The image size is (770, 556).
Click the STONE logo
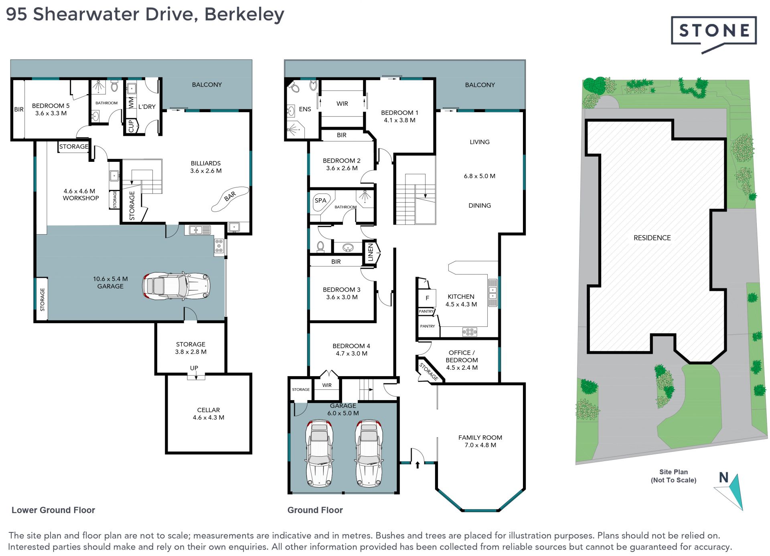(x=713, y=34)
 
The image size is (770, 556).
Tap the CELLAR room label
(x=209, y=410)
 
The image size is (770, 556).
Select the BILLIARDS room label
(x=206, y=163)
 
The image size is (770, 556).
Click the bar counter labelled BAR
(x=230, y=198)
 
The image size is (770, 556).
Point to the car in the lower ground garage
(x=176, y=286)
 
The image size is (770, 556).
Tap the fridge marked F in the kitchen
(x=427, y=298)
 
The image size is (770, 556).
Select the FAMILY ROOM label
(x=480, y=437)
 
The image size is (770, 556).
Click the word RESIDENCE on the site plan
(x=652, y=238)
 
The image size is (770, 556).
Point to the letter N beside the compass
(x=723, y=477)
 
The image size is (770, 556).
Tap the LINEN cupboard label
(x=371, y=252)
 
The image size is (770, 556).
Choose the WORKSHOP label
(x=81, y=198)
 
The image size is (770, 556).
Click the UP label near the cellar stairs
(x=194, y=368)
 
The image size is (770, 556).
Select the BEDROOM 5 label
(x=51, y=106)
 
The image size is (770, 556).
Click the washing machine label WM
(x=131, y=103)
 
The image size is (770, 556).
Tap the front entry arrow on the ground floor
(x=417, y=465)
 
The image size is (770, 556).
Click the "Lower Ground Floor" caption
(x=53, y=510)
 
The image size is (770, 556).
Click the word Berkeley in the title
(x=244, y=15)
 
